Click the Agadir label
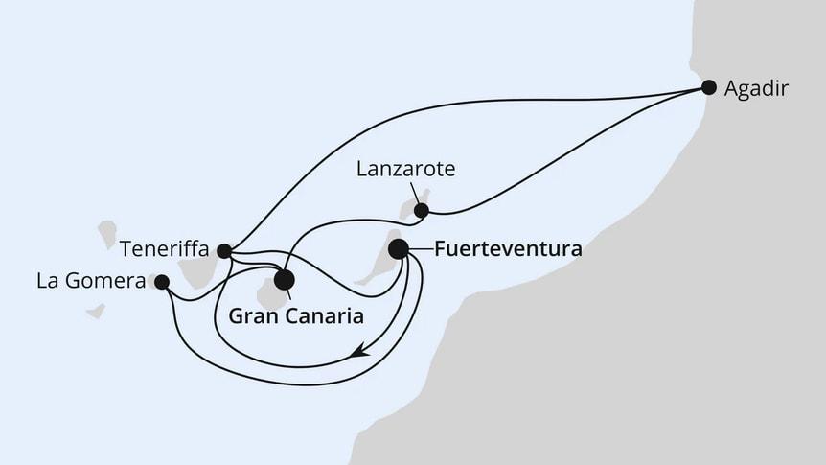pos(757,89)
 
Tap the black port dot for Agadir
pos(709,87)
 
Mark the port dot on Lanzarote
pos(421,210)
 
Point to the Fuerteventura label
pos(508,249)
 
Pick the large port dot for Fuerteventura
pos(399,249)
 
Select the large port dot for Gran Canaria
pos(284,280)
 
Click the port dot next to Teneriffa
pos(223,251)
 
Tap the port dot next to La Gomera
pos(162,282)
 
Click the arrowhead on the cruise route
pos(358,353)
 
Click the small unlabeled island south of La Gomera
pos(95,311)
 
